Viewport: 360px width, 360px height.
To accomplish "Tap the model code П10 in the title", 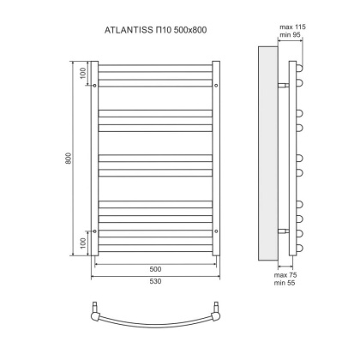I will pyautogui.click(x=161, y=31).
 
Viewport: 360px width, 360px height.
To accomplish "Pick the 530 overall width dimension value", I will pyautogui.click(x=155, y=281).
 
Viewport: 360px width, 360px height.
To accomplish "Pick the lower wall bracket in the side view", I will pyautogui.click(x=285, y=231).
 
